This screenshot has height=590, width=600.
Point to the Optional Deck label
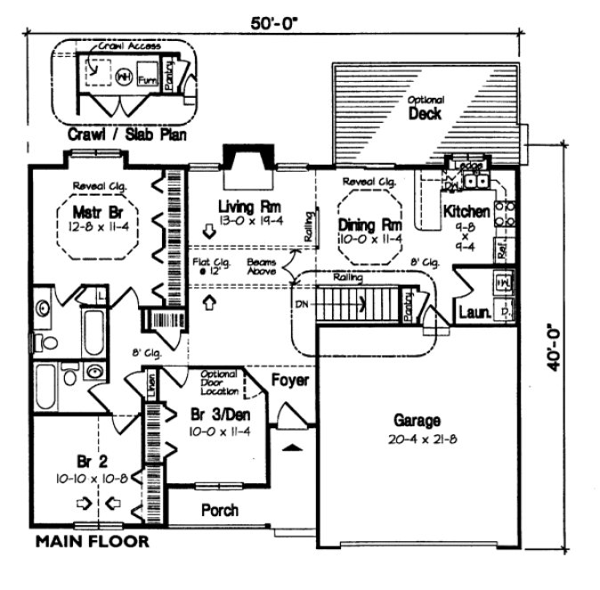click(426, 109)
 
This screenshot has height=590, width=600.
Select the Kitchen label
click(466, 212)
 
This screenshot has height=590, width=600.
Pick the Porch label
click(218, 511)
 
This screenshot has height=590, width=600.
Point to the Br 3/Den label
click(216, 416)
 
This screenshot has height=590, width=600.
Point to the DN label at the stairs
click(301, 304)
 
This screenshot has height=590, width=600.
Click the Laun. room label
click(472, 312)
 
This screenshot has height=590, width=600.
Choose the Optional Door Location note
click(218, 382)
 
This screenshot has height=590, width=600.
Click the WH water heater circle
click(124, 77)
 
